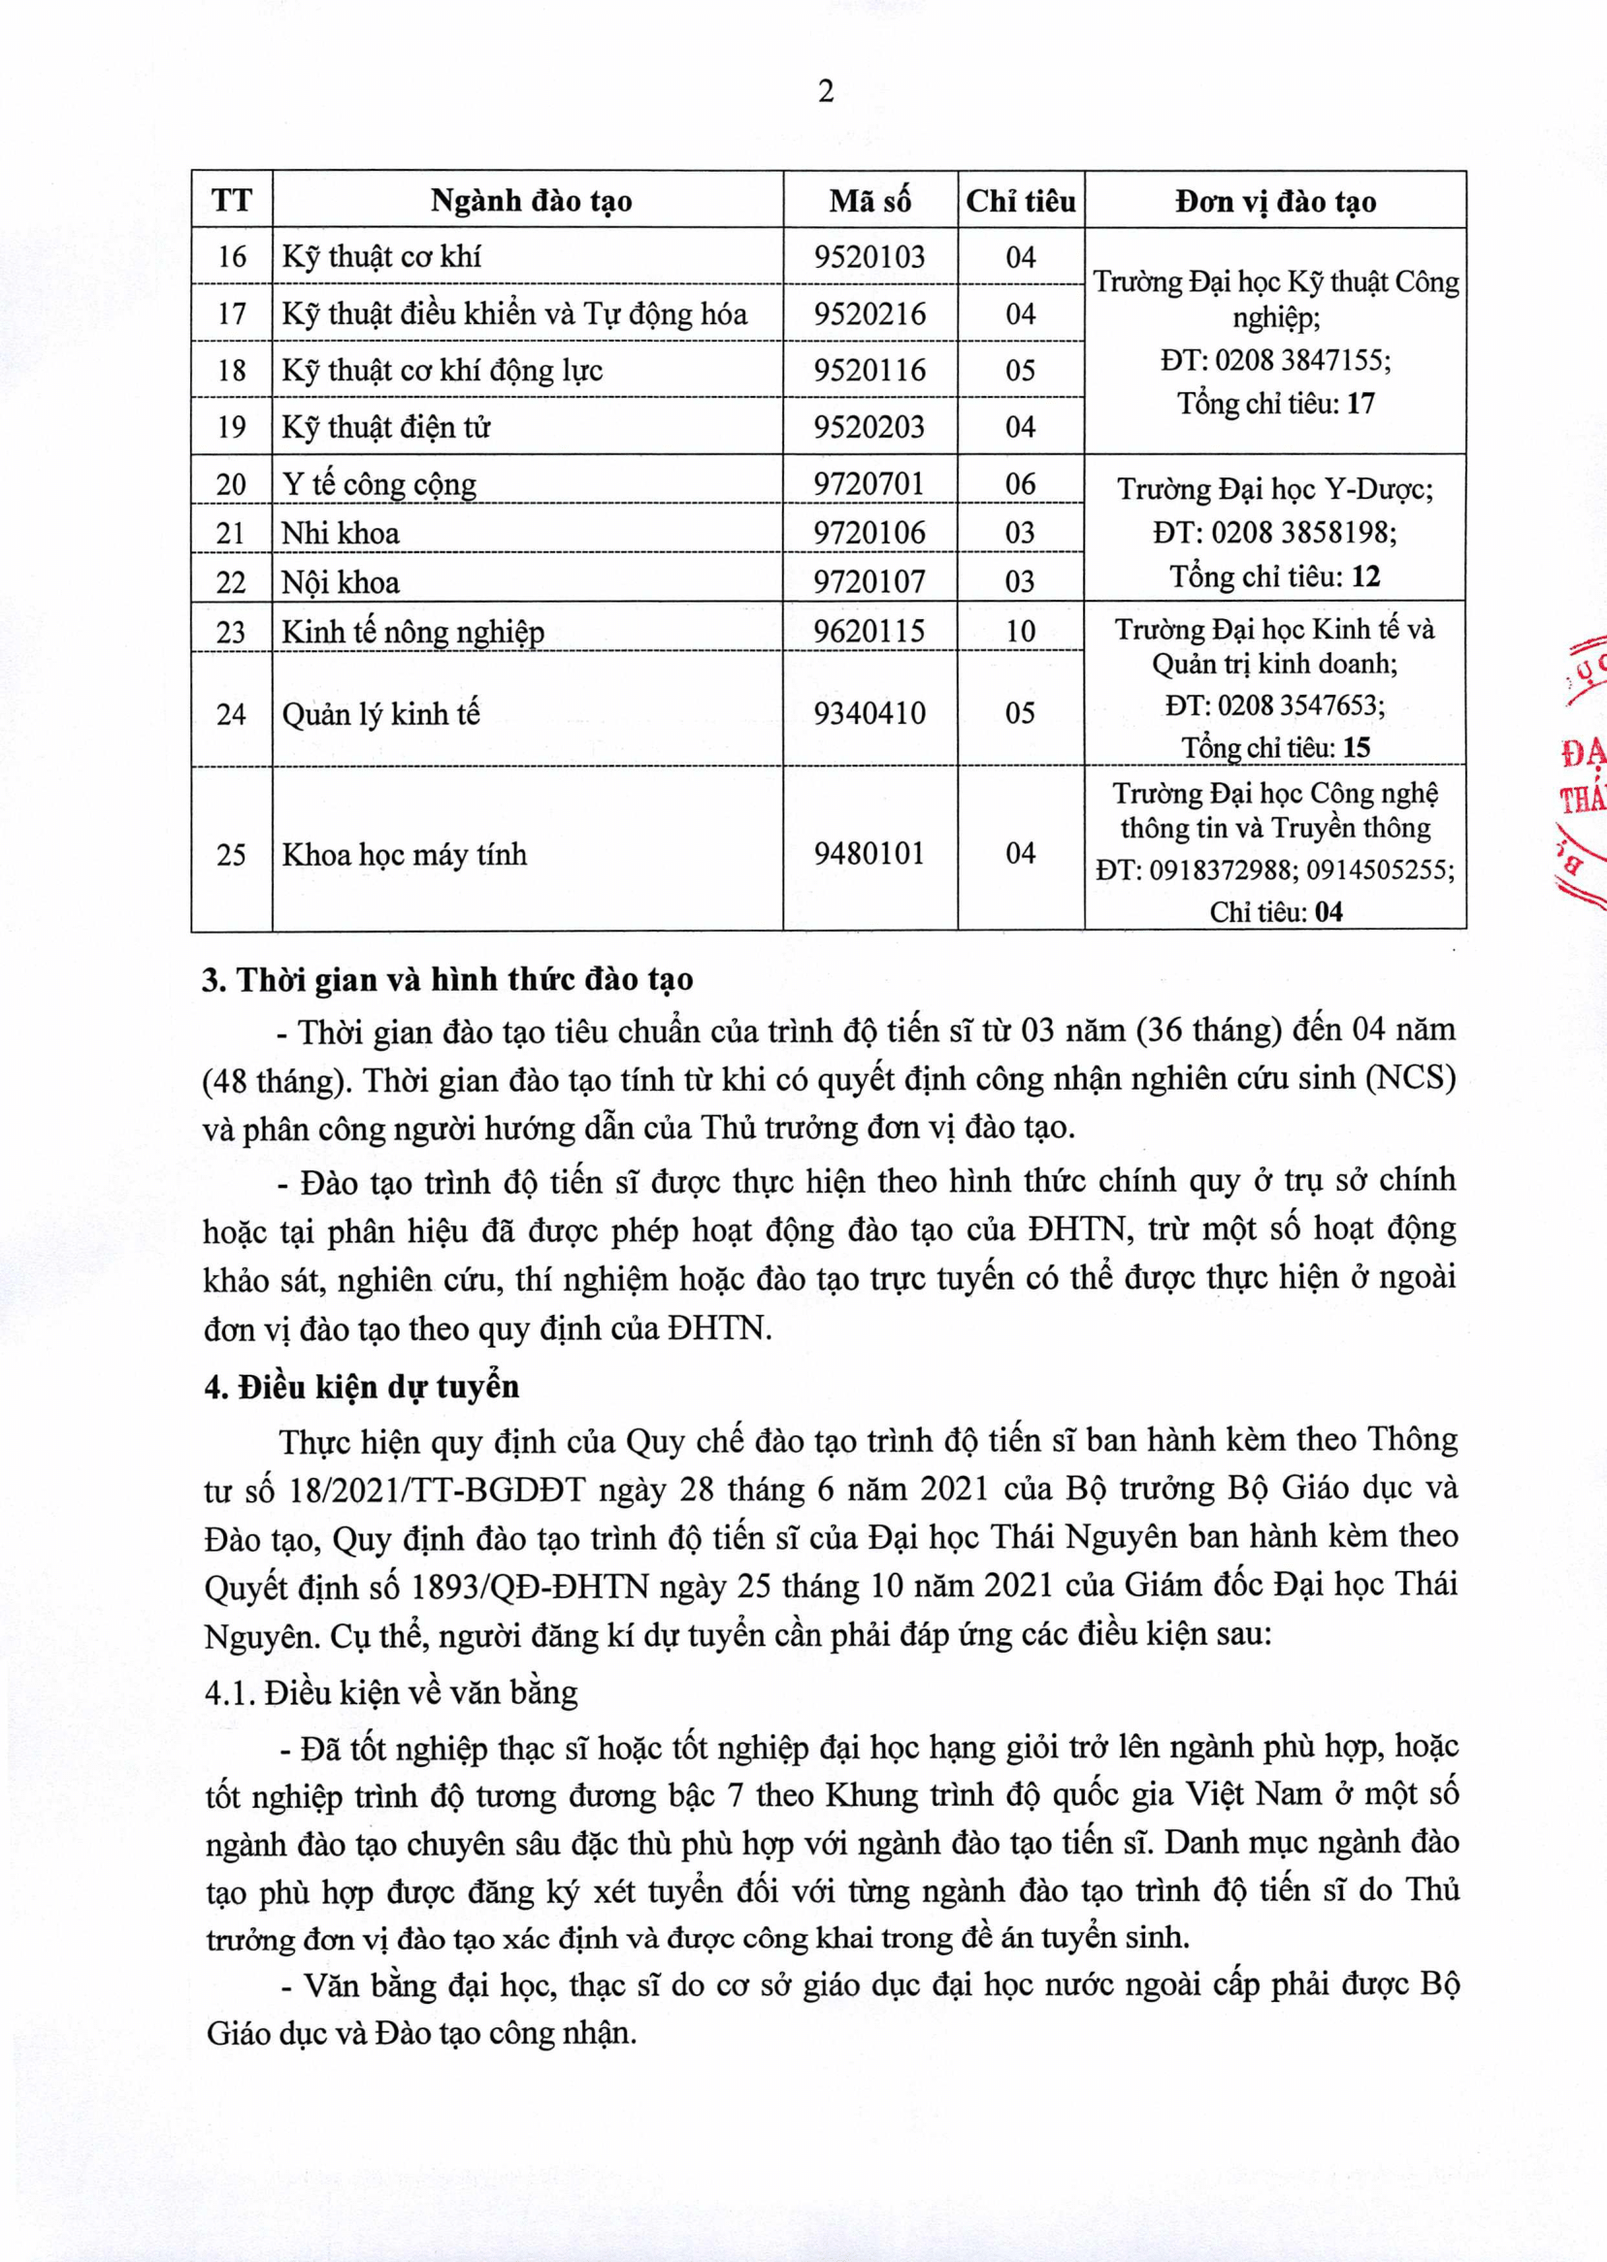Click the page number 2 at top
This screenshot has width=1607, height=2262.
click(825, 92)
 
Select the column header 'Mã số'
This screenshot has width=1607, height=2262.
click(869, 201)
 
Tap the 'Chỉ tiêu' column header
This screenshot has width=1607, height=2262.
click(1020, 201)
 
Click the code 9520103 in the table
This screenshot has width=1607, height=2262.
click(869, 257)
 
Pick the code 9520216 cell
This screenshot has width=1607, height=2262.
click(869, 313)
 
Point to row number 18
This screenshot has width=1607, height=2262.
click(231, 370)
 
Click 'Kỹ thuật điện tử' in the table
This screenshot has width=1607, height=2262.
click(386, 426)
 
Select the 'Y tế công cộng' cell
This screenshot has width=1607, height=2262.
click(379, 484)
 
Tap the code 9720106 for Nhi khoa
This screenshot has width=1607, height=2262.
click(869, 534)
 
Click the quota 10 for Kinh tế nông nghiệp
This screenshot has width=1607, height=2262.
click(1020, 632)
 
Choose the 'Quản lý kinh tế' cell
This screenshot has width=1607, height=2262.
click(381, 713)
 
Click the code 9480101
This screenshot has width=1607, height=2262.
click(869, 853)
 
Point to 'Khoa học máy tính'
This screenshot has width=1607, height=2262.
click(404, 854)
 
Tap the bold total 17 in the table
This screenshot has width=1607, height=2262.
click(1361, 404)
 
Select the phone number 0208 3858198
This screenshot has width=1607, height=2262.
click(1303, 534)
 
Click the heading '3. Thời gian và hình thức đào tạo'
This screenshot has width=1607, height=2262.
click(448, 979)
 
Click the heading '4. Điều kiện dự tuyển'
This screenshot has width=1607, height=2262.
click(361, 1387)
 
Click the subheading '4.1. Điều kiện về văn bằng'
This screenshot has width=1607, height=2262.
click(392, 1692)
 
